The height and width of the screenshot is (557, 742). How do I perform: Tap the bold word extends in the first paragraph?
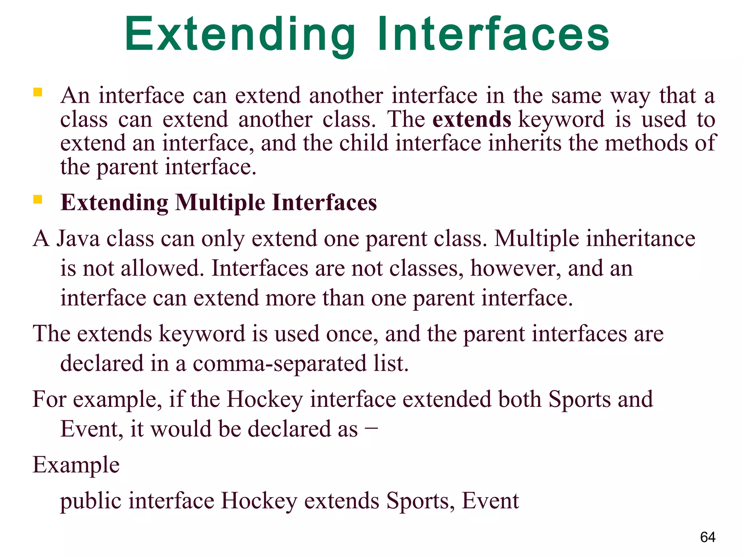[471, 120]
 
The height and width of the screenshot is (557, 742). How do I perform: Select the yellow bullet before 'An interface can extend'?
[38, 92]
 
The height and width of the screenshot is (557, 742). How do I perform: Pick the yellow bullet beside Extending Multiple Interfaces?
[38, 199]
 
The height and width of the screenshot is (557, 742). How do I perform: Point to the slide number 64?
[708, 537]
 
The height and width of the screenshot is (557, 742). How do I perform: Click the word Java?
[78, 239]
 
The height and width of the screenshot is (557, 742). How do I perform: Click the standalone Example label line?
[76, 465]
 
